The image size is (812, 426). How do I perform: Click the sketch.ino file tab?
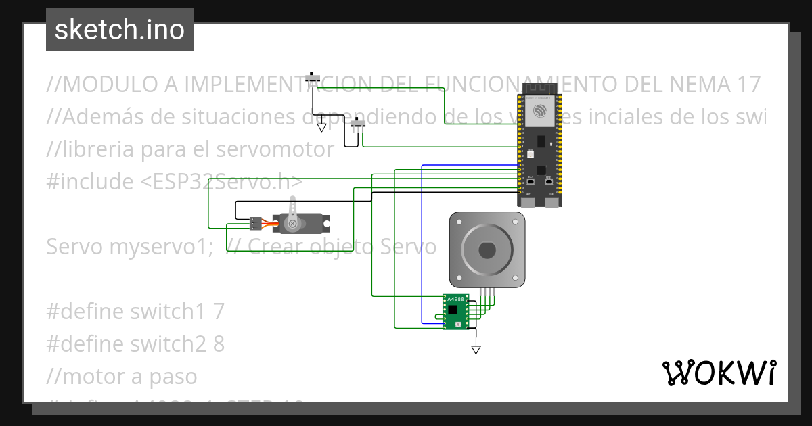tap(120, 30)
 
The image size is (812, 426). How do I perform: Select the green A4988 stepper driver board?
tap(455, 312)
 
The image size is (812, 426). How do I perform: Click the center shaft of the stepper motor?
tap(487, 250)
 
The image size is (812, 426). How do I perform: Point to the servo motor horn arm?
tap(293, 208)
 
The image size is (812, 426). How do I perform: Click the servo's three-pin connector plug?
tap(255, 222)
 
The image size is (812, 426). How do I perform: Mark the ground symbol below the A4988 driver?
tap(476, 350)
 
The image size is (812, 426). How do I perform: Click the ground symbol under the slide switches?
tap(322, 126)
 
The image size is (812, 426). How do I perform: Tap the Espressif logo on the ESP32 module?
tap(540, 111)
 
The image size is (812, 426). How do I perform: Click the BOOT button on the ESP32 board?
tap(531, 182)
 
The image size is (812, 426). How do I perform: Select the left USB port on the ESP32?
tap(527, 201)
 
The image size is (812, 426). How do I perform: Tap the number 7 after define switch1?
tap(218, 312)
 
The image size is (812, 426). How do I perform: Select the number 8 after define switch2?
tap(219, 344)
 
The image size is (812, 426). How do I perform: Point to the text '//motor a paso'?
tap(122, 377)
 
